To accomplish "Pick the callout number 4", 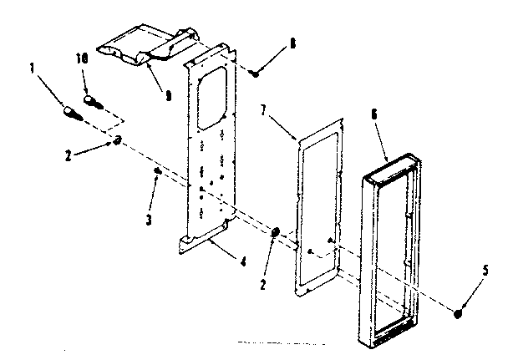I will pyautogui.click(x=243, y=261).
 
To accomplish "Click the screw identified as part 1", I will pyautogui.click(x=71, y=111).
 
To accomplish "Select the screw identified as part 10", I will pyautogui.click(x=92, y=100).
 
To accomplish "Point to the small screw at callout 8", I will pyautogui.click(x=256, y=74).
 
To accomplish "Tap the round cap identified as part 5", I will pyautogui.click(x=458, y=315).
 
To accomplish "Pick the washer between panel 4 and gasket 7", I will pyautogui.click(x=276, y=231).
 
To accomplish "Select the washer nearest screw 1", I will pyautogui.click(x=119, y=140).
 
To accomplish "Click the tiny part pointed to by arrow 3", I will pyautogui.click(x=157, y=171).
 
